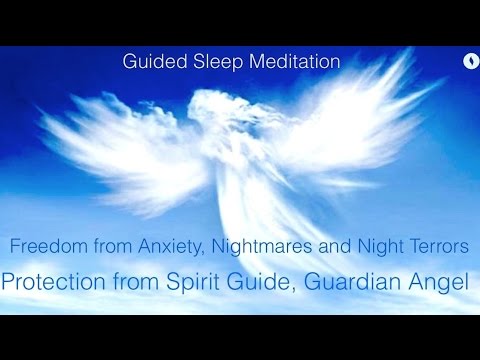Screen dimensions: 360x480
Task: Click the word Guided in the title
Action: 150,62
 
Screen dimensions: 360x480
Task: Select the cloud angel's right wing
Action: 340,120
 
